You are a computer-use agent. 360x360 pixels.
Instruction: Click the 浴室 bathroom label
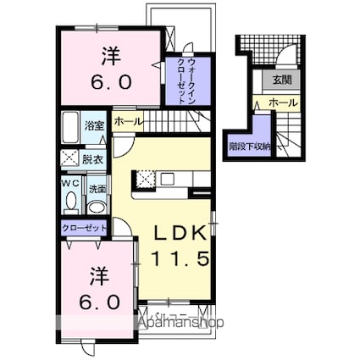pos(94,125)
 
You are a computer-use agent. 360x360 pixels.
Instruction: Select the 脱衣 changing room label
pos(93,158)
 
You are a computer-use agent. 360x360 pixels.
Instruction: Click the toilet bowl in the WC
pos(70,202)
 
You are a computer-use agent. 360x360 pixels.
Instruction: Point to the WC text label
pos(70,181)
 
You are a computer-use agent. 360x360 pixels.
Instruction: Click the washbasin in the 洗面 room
pos(97,206)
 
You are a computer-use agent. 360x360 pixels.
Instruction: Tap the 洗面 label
pos(97,189)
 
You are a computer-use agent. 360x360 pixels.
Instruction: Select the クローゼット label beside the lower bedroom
pos(84,228)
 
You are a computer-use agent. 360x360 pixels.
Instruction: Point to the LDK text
pos(180,231)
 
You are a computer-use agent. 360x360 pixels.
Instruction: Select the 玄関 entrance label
pos(281,80)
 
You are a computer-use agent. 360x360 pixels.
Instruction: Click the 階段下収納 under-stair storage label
pos(249,146)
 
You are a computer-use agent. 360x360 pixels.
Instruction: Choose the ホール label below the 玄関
pos(283,102)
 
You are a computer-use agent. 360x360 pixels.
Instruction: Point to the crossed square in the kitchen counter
pos(143,179)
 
